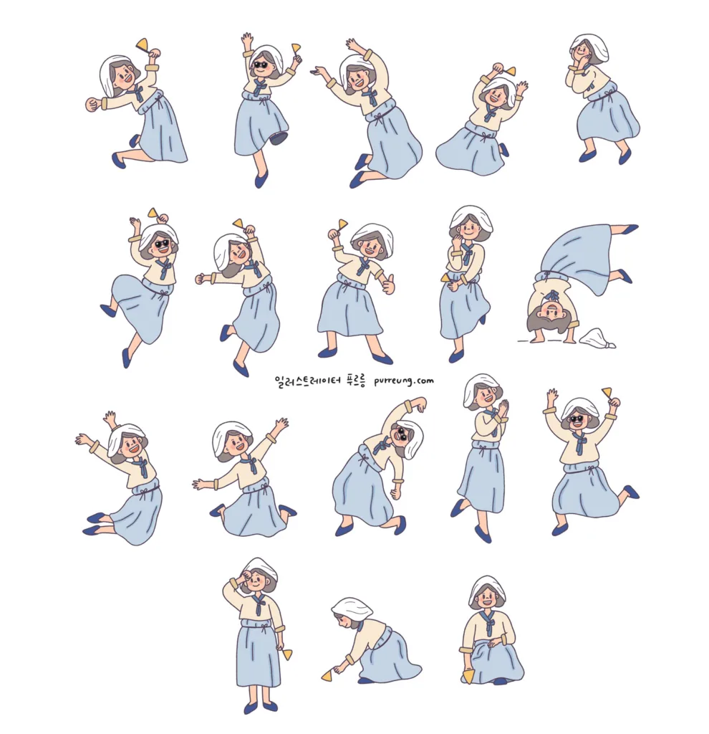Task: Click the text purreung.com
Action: (x=404, y=381)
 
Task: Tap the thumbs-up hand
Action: (x=389, y=284)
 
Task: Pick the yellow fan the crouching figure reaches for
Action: (x=328, y=675)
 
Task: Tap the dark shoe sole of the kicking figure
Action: (x=279, y=138)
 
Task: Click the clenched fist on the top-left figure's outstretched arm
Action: (x=91, y=105)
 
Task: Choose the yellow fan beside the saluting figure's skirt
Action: (x=286, y=653)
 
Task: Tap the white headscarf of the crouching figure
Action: (x=352, y=609)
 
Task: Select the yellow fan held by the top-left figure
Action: (x=142, y=44)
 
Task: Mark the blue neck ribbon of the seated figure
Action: (x=488, y=623)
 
